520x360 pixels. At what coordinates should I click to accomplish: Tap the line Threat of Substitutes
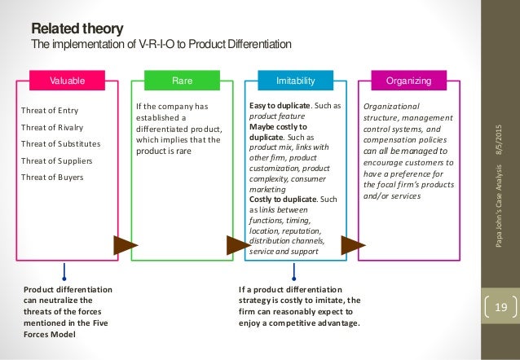pos(55,143)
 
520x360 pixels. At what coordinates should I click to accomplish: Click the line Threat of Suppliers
pos(53,160)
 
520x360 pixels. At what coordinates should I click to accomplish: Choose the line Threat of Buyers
pos(49,176)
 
